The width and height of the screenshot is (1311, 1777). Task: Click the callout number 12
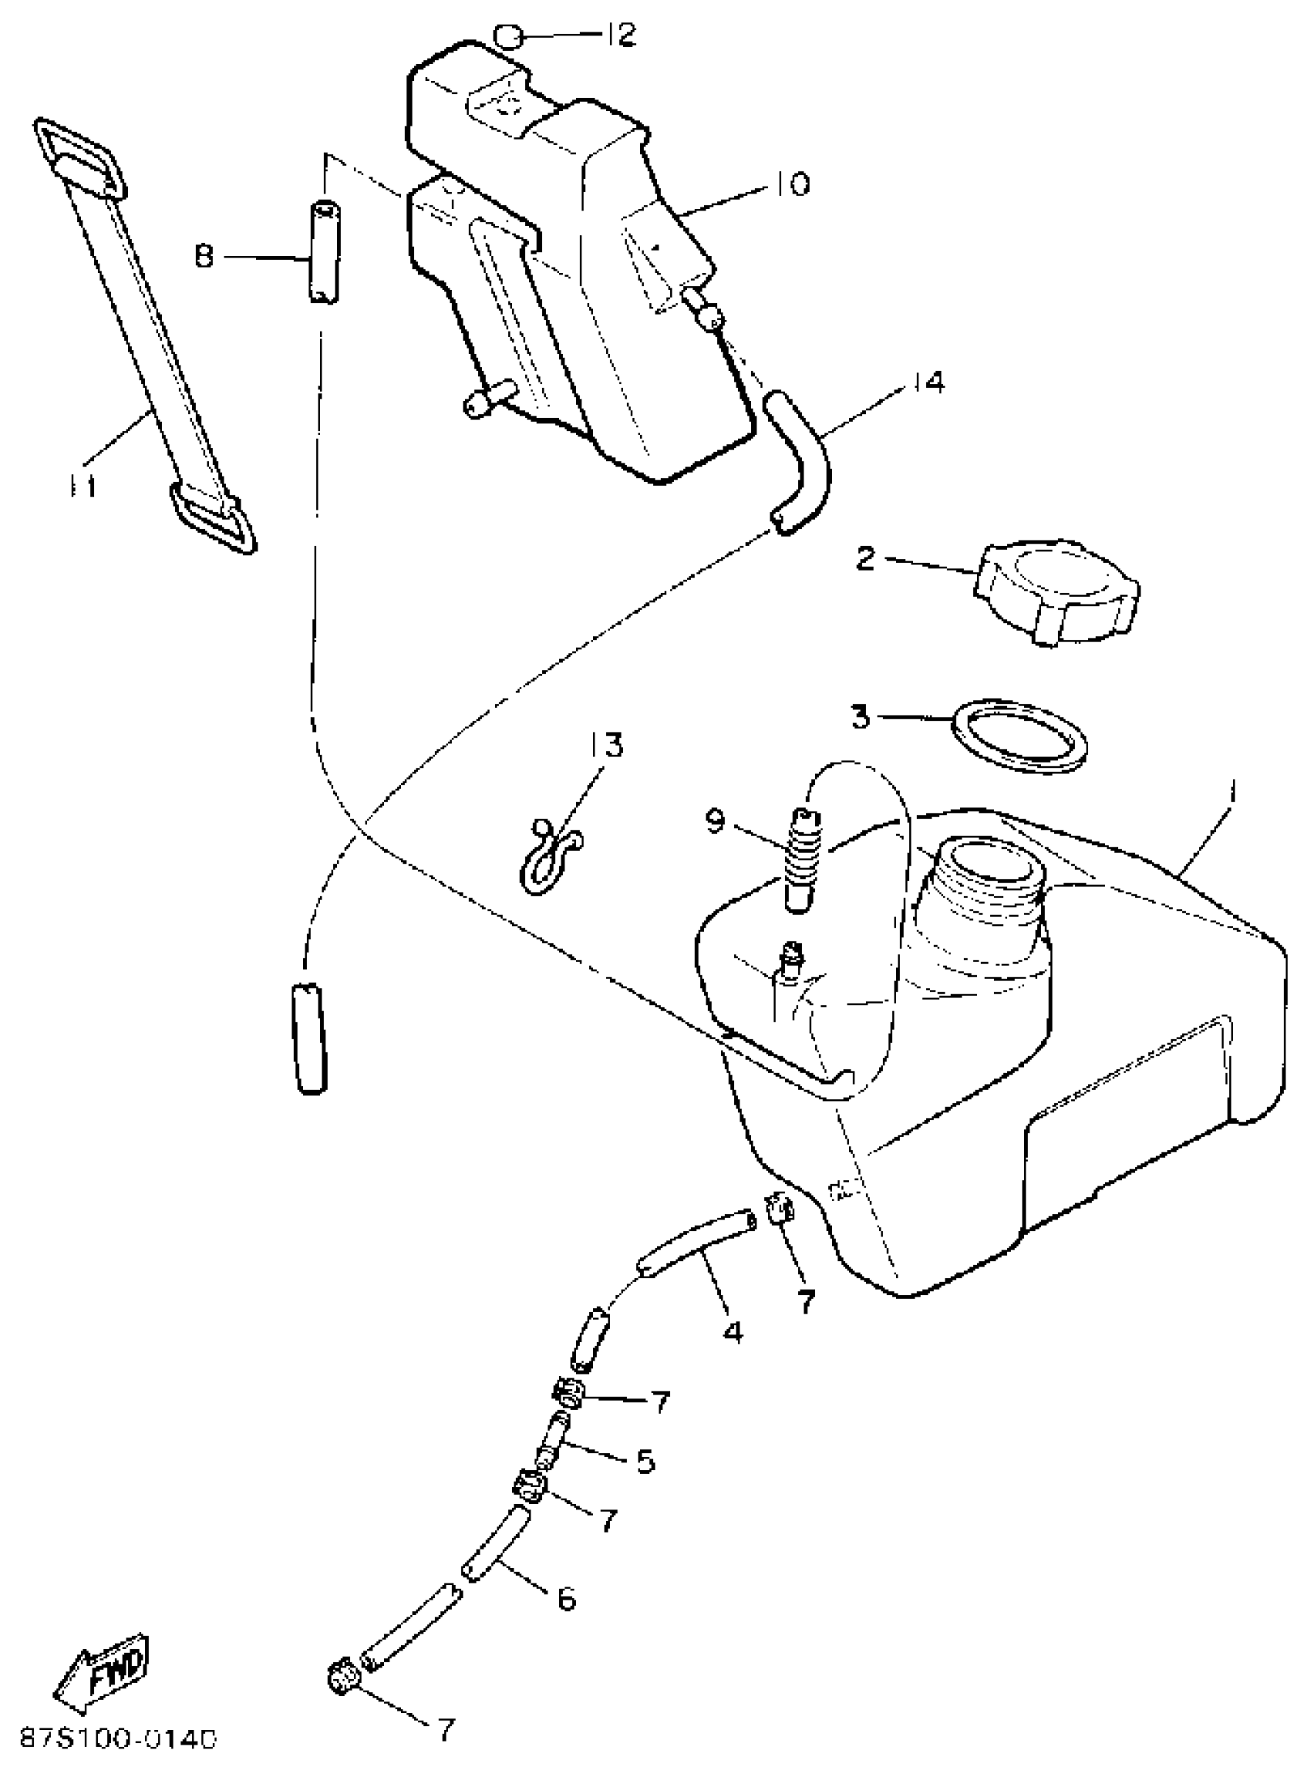[x=622, y=35]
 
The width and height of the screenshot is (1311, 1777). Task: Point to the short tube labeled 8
[x=322, y=252]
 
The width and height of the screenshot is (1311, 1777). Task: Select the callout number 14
[x=927, y=382]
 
